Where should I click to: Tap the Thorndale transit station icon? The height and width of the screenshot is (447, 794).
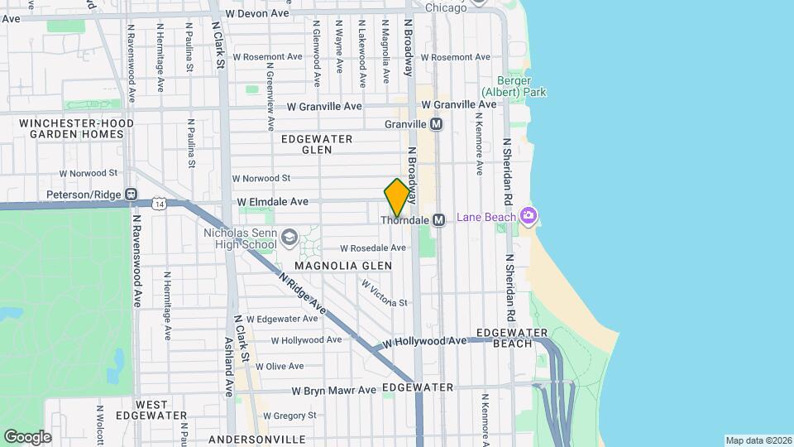[x=439, y=220]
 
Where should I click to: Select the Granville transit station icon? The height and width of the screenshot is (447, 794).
[x=437, y=124]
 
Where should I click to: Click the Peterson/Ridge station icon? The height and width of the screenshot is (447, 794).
[x=131, y=195]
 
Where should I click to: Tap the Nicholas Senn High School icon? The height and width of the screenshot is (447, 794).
[x=289, y=238]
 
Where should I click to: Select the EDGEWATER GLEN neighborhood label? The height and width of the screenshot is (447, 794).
[x=317, y=144]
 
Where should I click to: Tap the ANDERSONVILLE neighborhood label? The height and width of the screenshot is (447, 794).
[x=256, y=439]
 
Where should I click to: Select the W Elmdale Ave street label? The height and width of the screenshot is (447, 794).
[x=272, y=201]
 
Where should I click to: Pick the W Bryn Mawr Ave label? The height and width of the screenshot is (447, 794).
[x=327, y=392]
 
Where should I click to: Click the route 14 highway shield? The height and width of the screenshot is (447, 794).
[x=158, y=203]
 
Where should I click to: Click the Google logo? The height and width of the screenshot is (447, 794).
[x=27, y=437]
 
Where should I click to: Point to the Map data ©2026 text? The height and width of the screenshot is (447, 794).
[x=758, y=440]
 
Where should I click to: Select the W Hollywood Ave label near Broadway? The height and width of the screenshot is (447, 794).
[x=424, y=341]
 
